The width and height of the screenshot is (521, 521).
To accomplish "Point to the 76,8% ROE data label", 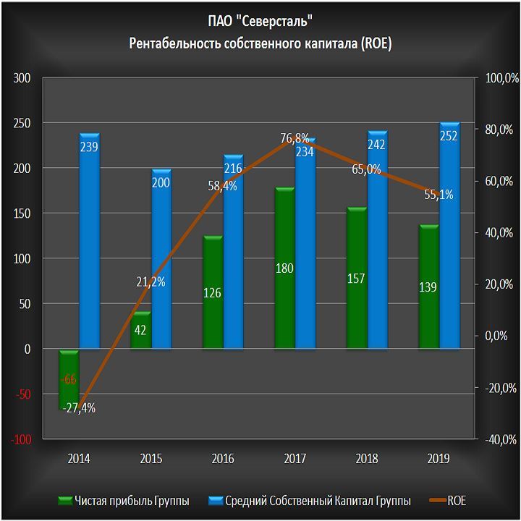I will tap(295, 137).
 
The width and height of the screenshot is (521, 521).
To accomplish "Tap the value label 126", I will tap(212, 293).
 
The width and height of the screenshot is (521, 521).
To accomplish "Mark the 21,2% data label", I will tap(151, 281).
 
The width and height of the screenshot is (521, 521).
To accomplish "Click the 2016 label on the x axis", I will tap(223, 458).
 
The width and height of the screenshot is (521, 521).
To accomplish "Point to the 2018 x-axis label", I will tap(367, 458).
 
